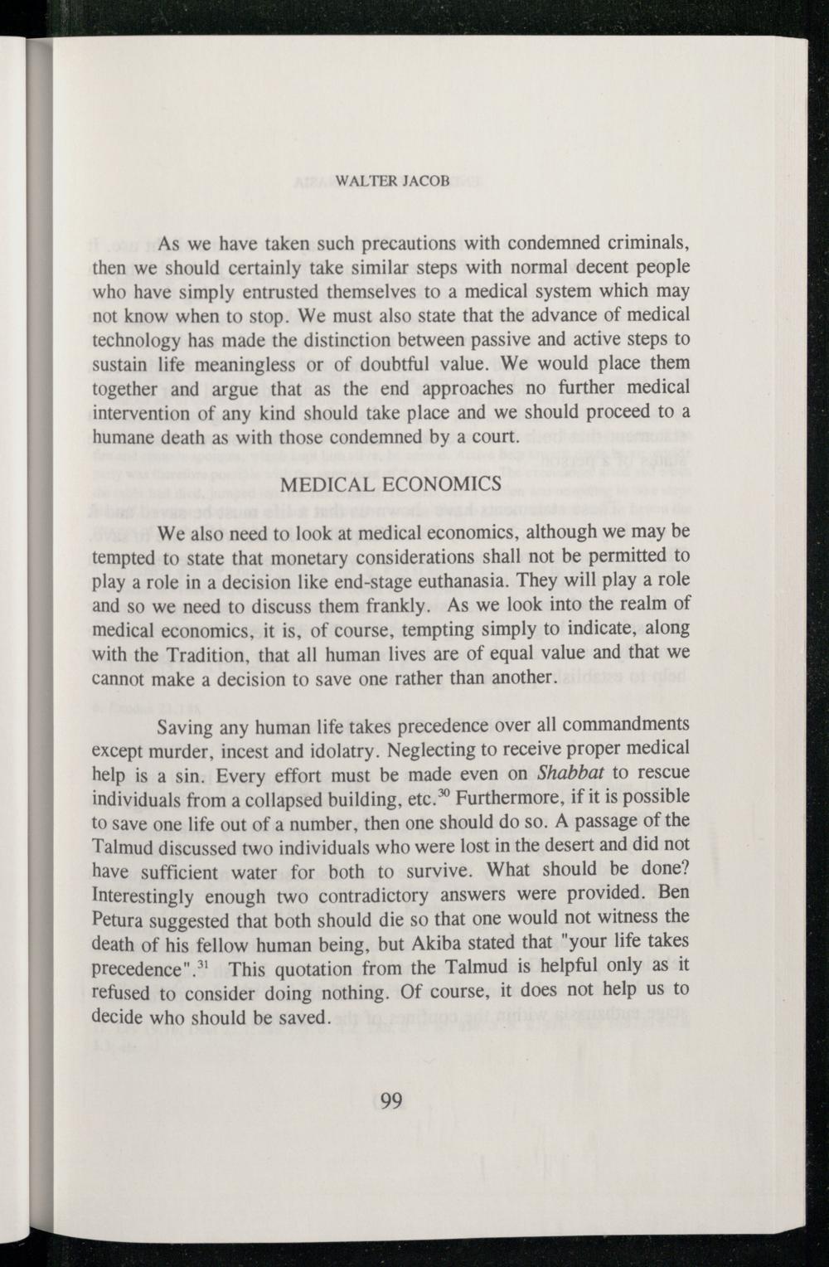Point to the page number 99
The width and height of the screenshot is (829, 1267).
pos(391,1100)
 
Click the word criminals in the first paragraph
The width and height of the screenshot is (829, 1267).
pos(644,244)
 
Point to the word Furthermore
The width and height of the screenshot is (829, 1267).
pos(507,797)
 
